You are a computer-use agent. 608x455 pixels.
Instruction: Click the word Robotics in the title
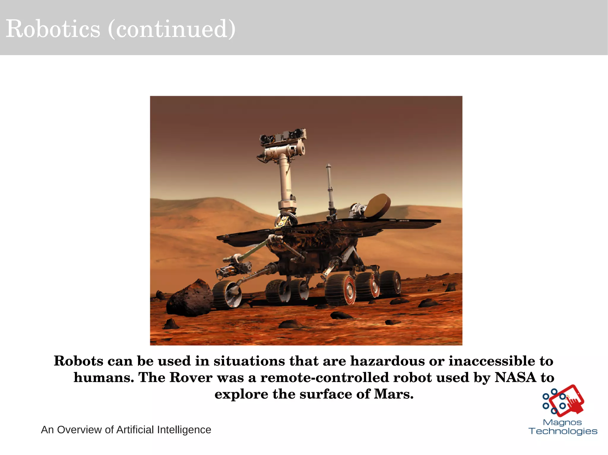coord(53,29)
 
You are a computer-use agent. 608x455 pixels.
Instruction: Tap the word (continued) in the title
coord(172,29)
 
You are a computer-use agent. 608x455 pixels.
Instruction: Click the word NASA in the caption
coord(515,377)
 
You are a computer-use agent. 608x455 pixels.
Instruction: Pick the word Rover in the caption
coord(191,377)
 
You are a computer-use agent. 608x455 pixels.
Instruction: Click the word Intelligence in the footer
coord(184,430)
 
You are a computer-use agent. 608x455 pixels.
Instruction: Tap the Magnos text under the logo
coord(562,422)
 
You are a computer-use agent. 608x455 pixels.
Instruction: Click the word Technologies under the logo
coord(563,431)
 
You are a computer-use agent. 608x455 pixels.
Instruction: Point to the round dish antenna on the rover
coord(377,205)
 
